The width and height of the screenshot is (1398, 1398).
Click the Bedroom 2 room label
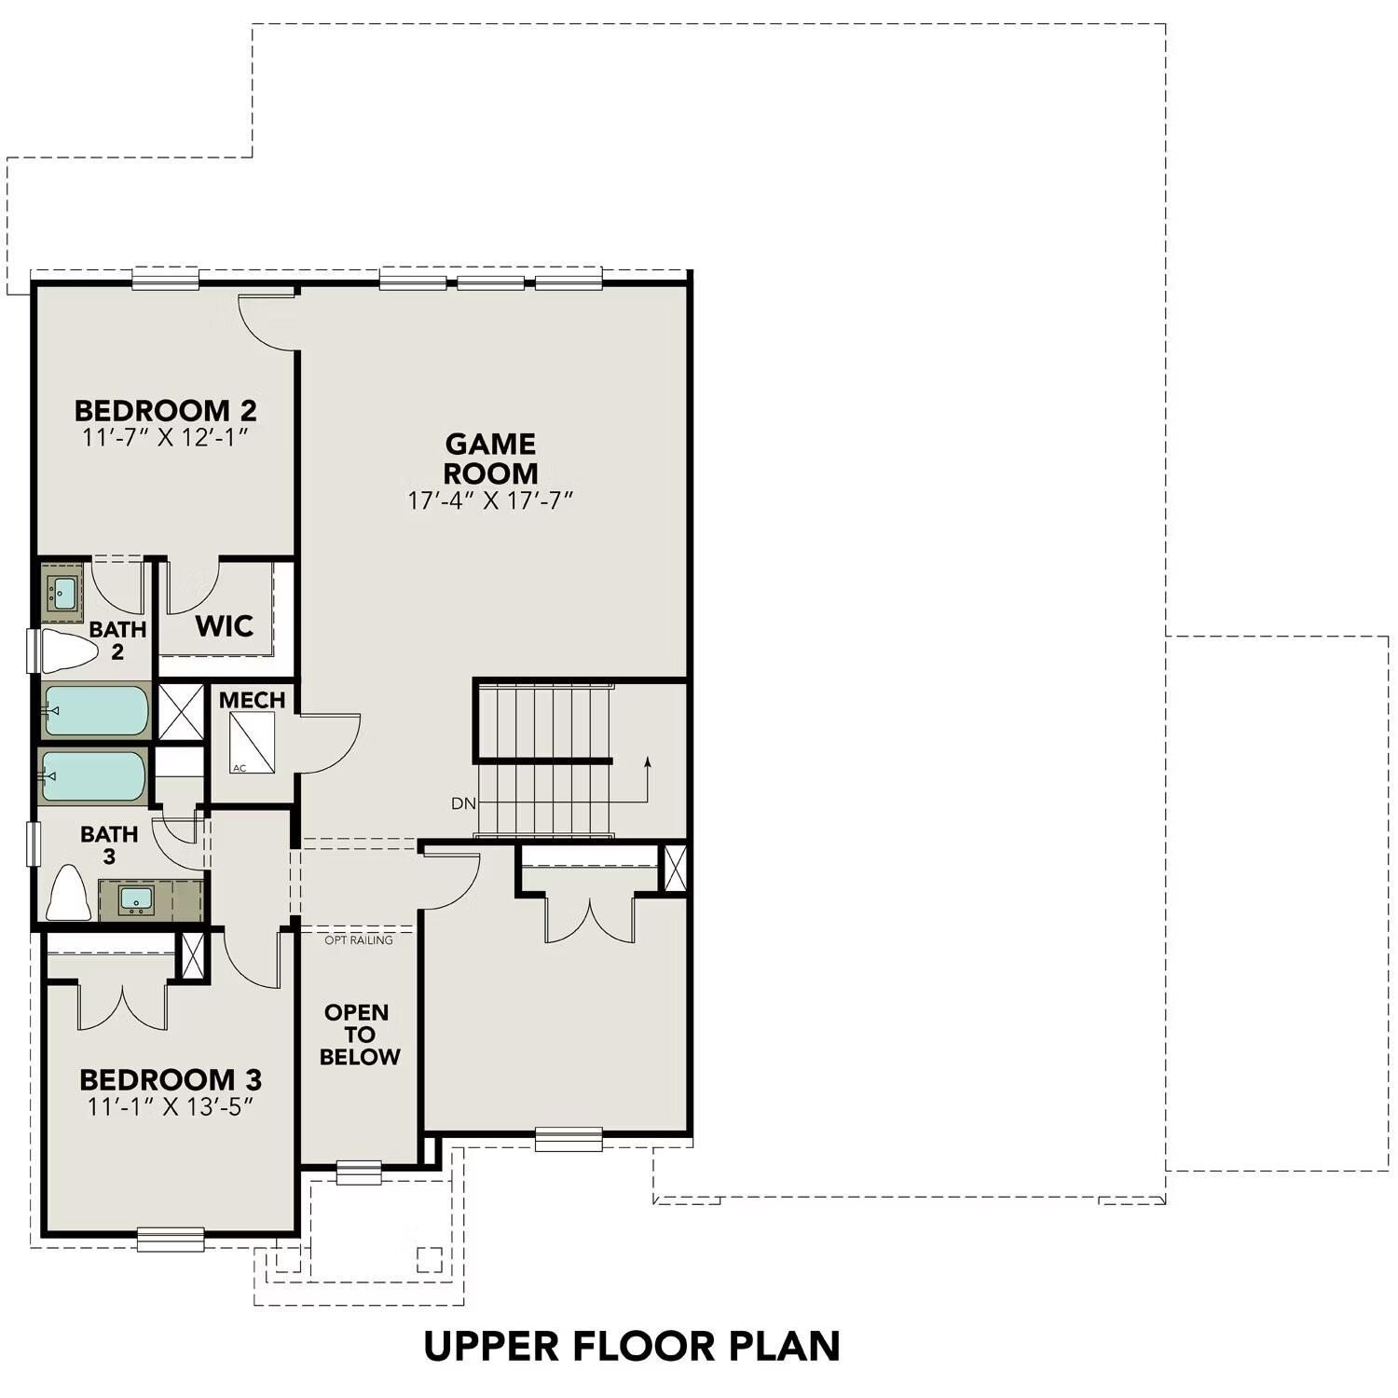165,410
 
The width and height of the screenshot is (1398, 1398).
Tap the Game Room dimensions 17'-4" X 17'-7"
489,500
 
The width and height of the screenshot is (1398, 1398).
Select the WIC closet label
224,625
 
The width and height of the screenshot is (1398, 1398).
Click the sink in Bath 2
63,591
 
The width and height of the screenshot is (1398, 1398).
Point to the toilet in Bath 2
67,651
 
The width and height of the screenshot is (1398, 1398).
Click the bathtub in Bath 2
95,710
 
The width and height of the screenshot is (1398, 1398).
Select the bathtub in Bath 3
93,776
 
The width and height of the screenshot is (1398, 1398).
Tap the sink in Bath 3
136,899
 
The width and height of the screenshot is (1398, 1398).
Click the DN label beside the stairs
463,803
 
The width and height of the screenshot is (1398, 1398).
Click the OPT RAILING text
358,940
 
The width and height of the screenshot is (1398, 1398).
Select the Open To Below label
359,1035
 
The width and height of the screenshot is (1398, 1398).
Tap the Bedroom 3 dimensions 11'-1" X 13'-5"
170,1106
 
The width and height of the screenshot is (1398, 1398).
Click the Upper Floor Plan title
632,1346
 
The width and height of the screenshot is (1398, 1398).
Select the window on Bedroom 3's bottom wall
171,1239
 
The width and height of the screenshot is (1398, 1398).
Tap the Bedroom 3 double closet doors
123,1007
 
